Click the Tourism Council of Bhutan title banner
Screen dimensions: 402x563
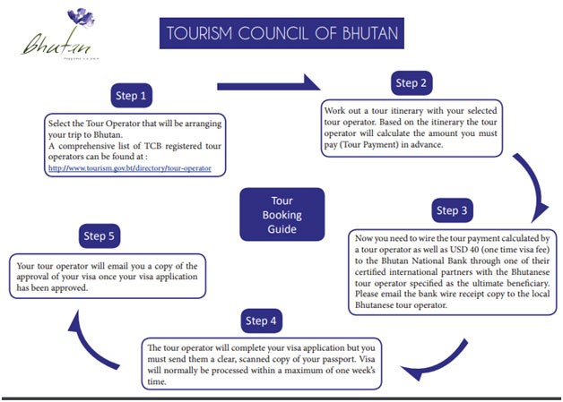click(x=281, y=35)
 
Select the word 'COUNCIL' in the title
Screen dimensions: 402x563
click(x=271, y=35)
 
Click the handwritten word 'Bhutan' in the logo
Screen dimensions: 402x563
click(x=46, y=42)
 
